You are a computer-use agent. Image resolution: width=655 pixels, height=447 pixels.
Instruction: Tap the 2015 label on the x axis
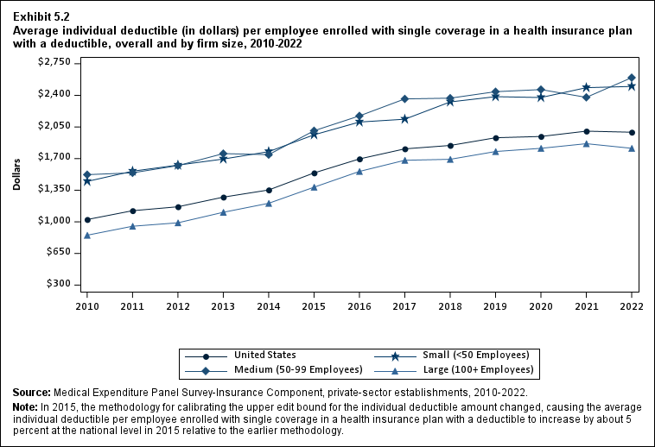(315, 305)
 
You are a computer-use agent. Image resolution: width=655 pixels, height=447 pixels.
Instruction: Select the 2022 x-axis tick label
(632, 305)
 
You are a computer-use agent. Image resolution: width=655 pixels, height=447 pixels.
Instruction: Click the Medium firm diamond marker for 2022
(632, 78)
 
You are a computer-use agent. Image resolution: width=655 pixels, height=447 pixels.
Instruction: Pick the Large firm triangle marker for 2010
(87, 235)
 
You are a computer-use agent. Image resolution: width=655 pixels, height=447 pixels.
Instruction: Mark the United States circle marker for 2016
(359, 159)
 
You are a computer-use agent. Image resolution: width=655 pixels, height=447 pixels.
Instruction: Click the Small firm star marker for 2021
(587, 87)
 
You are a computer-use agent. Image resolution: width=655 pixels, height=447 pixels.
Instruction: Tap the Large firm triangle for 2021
(587, 143)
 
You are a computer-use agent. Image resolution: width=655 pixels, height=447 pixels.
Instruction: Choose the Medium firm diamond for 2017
(405, 98)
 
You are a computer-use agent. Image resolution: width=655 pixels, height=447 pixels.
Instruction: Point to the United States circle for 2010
(87, 219)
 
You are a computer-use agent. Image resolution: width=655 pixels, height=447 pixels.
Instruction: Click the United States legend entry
(264, 355)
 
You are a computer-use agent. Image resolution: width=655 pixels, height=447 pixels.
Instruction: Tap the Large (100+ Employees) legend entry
(484, 370)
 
